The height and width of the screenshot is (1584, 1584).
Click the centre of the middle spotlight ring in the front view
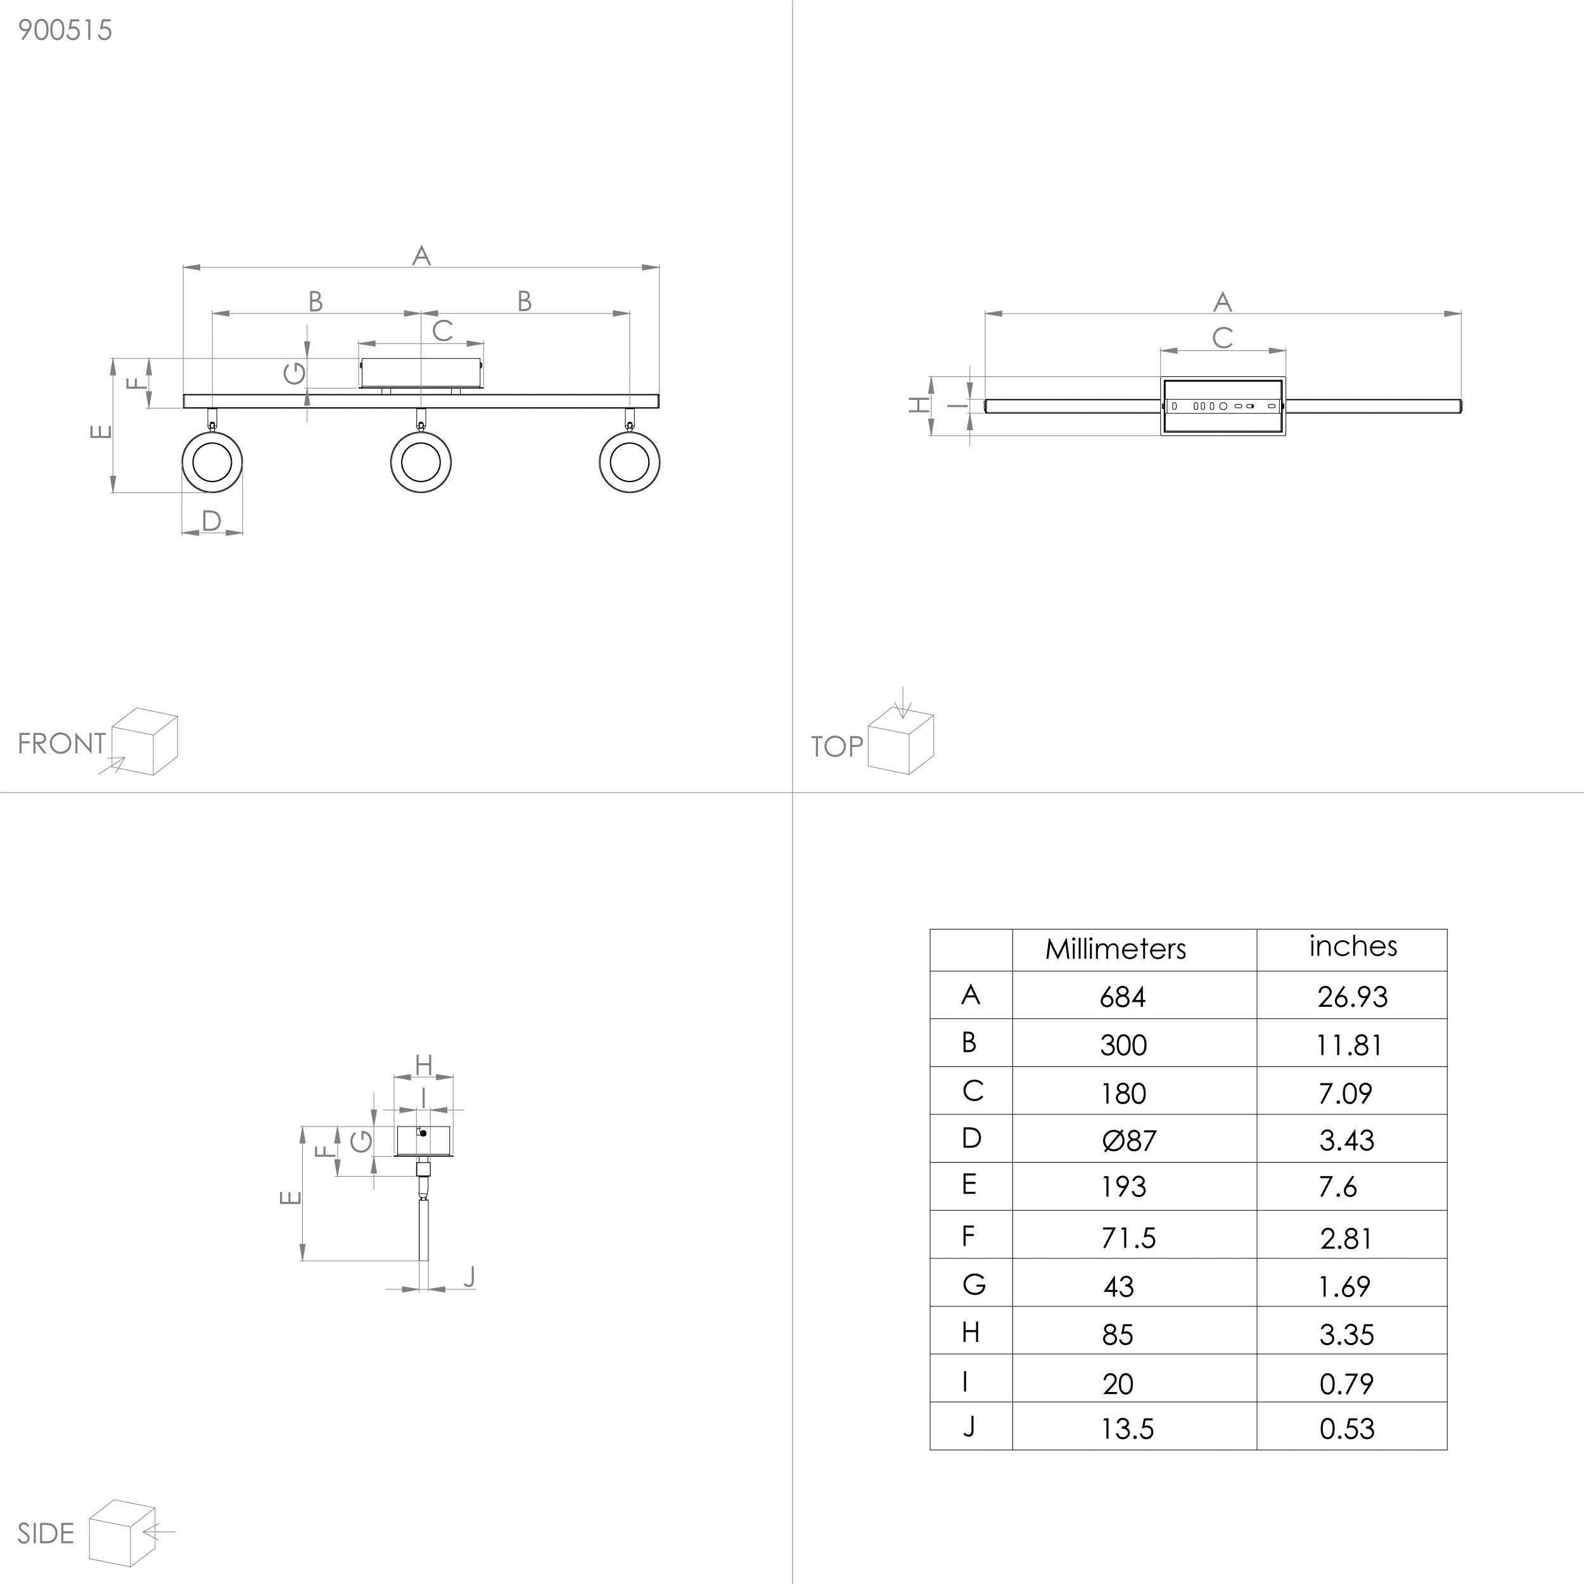[421, 462]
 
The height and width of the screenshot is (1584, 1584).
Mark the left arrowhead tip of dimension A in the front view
[183, 267]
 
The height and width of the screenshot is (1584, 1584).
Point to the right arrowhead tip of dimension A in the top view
[1462, 313]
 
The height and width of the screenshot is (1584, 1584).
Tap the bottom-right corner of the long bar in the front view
[659, 407]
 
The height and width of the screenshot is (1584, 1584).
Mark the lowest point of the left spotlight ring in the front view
[212, 493]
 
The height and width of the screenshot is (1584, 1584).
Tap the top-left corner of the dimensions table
[929, 929]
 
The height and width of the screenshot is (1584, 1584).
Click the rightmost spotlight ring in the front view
[630, 462]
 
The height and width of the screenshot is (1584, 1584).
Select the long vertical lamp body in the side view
[424, 1230]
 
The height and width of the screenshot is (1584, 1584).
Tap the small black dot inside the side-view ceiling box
[423, 1133]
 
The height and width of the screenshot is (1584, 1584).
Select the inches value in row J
[1347, 1429]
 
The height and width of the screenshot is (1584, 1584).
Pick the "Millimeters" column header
[1115, 949]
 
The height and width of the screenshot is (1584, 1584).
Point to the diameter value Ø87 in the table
[1129, 1140]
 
